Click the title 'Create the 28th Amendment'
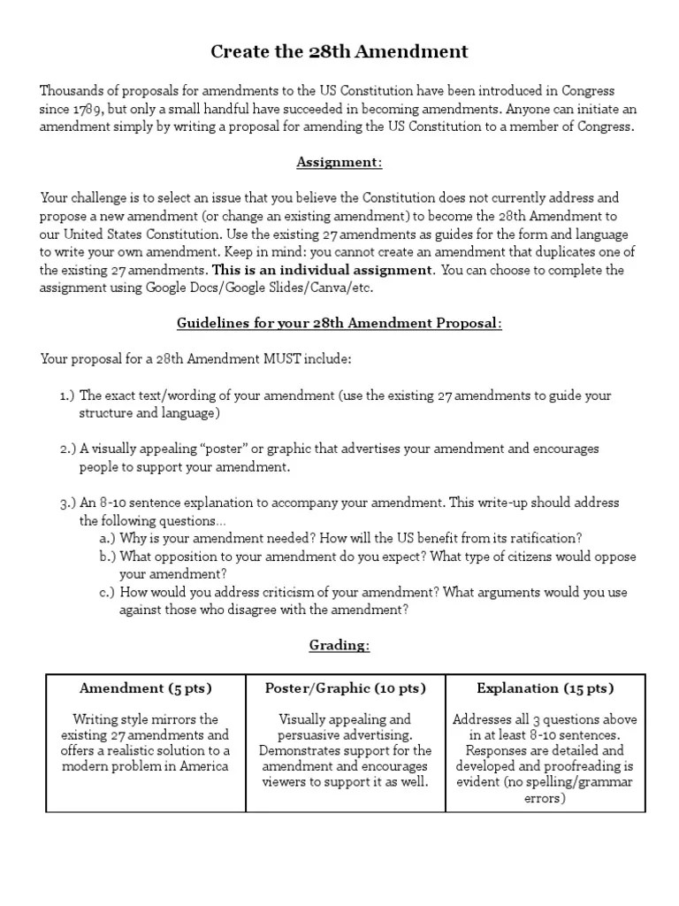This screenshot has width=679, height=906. pos(339,52)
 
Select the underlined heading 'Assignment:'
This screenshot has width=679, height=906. pos(339,162)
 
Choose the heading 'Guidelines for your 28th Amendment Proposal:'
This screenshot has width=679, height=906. pos(339,323)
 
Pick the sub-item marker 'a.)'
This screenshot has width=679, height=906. pos(108,539)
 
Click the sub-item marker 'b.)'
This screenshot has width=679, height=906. pos(108,557)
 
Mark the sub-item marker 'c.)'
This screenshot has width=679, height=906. pos(108,593)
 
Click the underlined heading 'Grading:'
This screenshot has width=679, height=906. pos(339,646)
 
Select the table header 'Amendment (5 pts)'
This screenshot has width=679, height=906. pos(146,688)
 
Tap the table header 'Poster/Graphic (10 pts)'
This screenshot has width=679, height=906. pos(346,688)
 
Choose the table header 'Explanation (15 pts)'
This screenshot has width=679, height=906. pos(545,688)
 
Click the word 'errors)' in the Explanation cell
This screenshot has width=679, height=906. pos(545,798)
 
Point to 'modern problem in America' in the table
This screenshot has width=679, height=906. pos(146,766)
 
